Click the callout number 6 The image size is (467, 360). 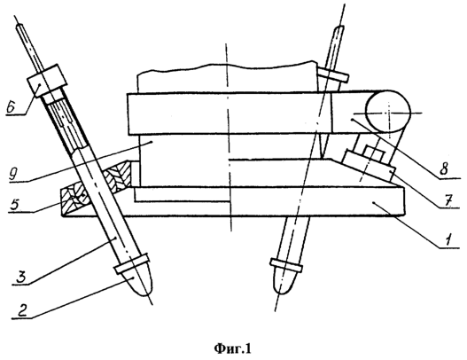pyautogui.click(x=11, y=106)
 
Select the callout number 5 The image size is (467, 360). pyautogui.click(x=14, y=205)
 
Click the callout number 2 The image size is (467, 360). pyautogui.click(x=22, y=310)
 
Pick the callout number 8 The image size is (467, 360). pyautogui.click(x=443, y=170)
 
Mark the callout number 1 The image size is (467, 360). pyautogui.click(x=448, y=239)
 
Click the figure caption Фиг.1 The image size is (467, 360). pyautogui.click(x=232, y=348)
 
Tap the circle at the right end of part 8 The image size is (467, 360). pyautogui.click(x=388, y=112)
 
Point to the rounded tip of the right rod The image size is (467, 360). pyautogui.click(x=285, y=279)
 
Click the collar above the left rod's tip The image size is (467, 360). pyautogui.click(x=132, y=263)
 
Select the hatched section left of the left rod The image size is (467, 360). pyautogui.click(x=74, y=200)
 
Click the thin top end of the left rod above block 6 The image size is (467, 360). pyautogui.click(x=29, y=48)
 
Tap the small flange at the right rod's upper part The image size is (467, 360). pyautogui.click(x=331, y=74)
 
